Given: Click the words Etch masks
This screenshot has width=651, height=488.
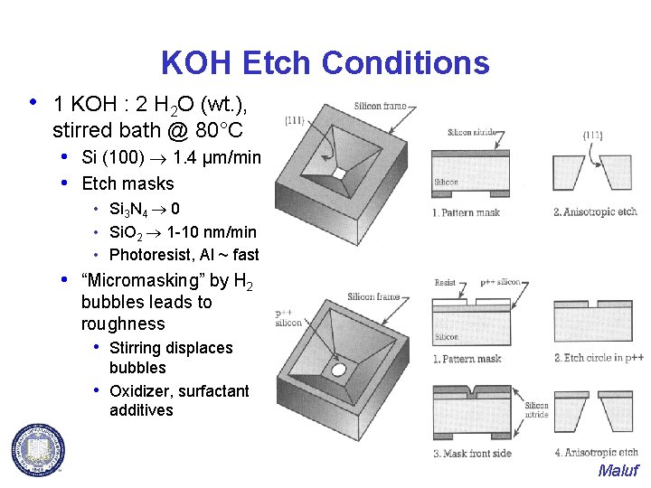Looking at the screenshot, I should click(127, 183).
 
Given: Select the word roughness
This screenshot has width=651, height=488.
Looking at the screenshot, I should click(123, 324).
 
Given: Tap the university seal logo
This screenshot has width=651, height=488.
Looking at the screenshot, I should click(38, 448).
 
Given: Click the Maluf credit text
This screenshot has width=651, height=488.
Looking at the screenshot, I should click(618, 471).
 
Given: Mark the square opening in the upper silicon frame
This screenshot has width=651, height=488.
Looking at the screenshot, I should click(339, 173).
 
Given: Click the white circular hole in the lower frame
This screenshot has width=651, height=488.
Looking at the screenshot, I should click(339, 370).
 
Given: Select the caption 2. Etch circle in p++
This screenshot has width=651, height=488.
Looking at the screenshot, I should click(596, 358).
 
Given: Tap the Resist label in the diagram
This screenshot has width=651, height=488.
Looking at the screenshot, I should click(446, 283).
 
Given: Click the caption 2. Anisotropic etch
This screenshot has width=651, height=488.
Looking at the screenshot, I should click(595, 211).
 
